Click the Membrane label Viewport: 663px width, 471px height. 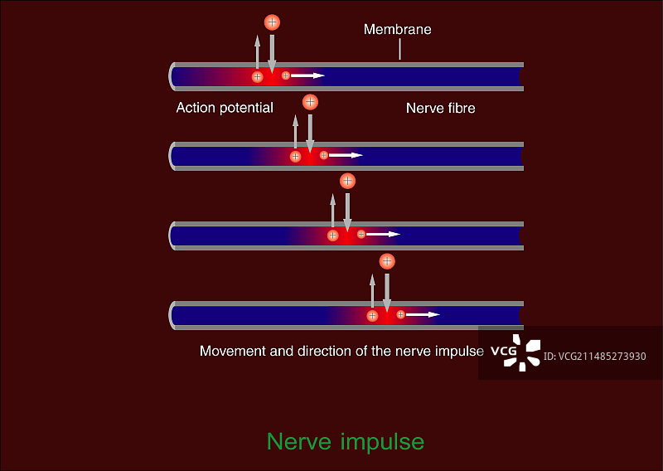[x=398, y=30]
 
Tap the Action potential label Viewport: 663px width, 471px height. [x=225, y=108]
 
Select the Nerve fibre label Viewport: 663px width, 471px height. [x=440, y=108]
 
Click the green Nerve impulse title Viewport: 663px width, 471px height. [x=346, y=441]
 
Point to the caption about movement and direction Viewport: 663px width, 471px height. [x=341, y=351]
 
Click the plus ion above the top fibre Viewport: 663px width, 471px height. [x=271, y=22]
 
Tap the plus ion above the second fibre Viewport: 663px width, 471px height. [x=310, y=102]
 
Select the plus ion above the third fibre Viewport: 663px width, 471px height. [x=347, y=181]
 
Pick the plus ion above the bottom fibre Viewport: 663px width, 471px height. [x=386, y=261]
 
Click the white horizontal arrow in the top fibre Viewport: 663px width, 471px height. [x=307, y=75]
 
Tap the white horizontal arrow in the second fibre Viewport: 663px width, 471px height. [x=346, y=155]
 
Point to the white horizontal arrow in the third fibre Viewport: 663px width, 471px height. [x=383, y=235]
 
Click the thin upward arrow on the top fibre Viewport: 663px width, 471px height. [x=257, y=53]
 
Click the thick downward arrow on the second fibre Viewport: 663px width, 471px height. [x=311, y=133]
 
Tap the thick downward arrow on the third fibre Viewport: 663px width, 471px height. [x=347, y=211]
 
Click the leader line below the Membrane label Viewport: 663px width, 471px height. [x=399, y=50]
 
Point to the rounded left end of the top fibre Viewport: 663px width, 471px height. [x=172, y=76]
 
